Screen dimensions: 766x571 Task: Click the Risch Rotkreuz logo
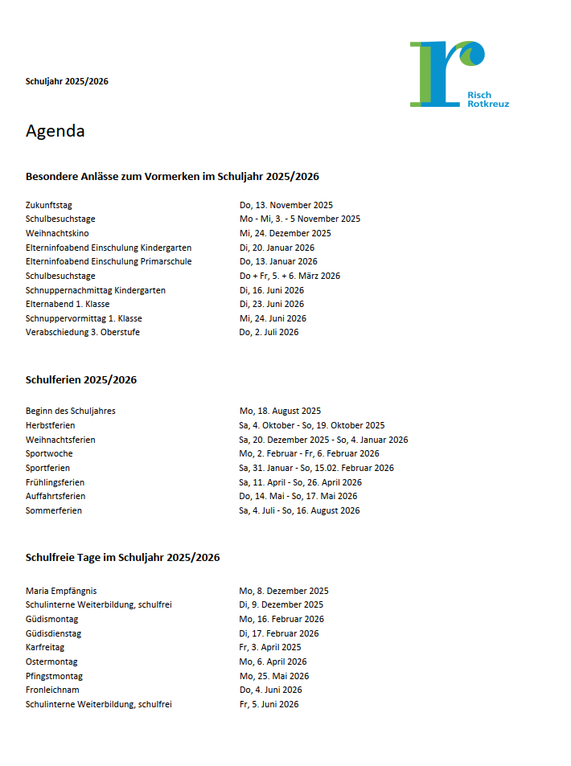(458, 74)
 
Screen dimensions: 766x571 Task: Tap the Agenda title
(55, 131)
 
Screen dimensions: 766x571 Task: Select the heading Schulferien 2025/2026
(81, 380)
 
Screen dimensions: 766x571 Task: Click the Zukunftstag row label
(49, 205)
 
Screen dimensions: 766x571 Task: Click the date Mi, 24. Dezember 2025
(285, 233)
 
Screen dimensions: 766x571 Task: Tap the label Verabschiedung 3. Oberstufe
(83, 332)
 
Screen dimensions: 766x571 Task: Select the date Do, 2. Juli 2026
(269, 332)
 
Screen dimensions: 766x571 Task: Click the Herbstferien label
(50, 425)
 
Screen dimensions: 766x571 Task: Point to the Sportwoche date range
(309, 453)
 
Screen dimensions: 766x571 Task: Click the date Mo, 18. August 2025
(280, 411)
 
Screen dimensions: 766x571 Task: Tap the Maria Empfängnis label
(61, 591)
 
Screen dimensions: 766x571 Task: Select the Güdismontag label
(52, 619)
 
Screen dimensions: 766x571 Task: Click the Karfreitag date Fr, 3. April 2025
(270, 647)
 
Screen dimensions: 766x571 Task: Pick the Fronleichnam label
(52, 690)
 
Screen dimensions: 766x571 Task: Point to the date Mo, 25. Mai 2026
(273, 676)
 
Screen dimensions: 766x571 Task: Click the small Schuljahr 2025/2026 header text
(67, 81)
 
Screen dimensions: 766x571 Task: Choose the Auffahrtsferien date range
(298, 496)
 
